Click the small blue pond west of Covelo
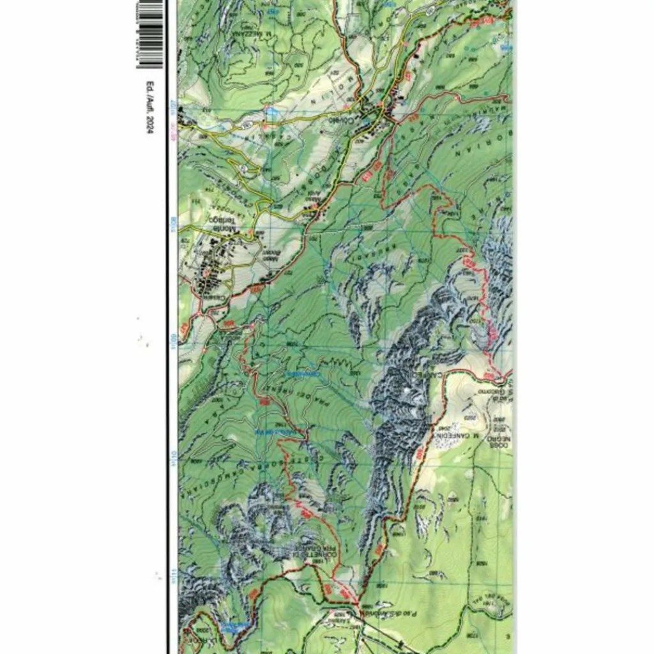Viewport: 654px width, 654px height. point(271,112)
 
